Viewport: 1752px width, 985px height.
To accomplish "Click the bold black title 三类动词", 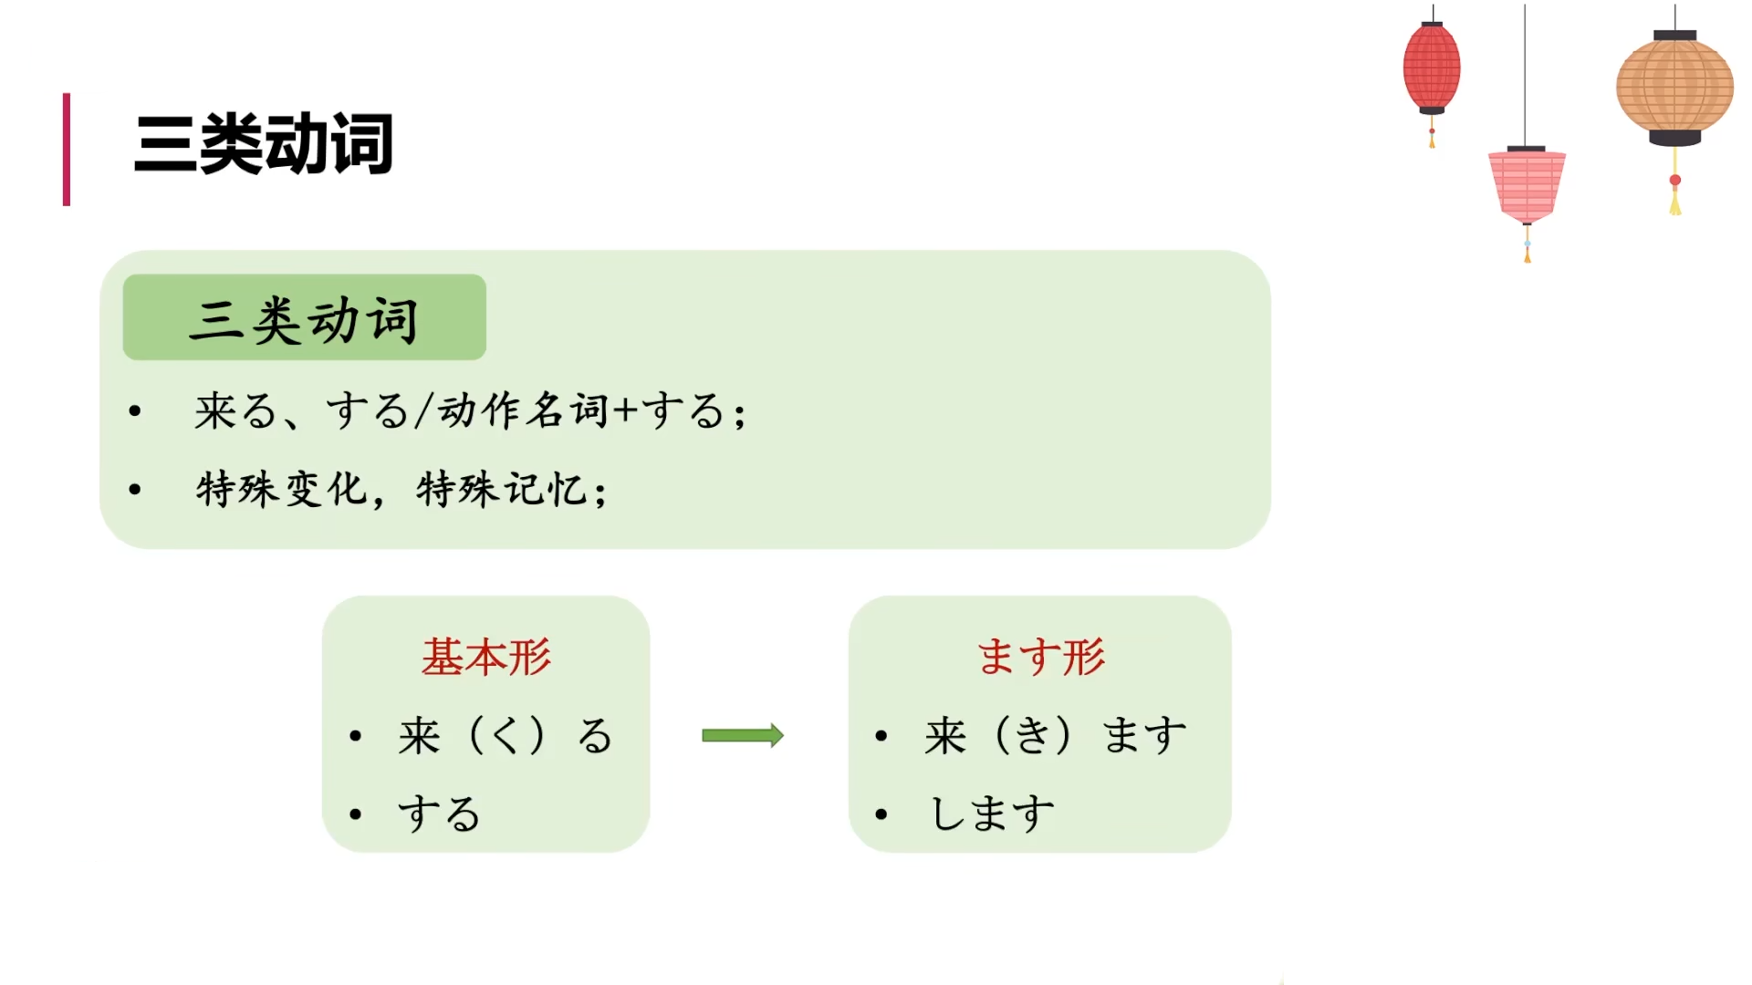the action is pyautogui.click(x=264, y=144).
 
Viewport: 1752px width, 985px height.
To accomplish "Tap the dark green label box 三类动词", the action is pyautogui.click(x=304, y=317).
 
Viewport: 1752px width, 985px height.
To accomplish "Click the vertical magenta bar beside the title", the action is pyautogui.click(x=67, y=150).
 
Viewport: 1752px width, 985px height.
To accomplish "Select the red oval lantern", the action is pyautogui.click(x=1431, y=68).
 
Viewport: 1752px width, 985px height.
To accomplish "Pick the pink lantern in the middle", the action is pyautogui.click(x=1527, y=185).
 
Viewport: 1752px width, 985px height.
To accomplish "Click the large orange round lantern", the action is pyautogui.click(x=1674, y=88).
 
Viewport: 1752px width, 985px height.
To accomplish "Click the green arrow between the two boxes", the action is pyautogui.click(x=742, y=735).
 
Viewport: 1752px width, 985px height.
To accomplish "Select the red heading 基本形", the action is pyautogui.click(x=486, y=657).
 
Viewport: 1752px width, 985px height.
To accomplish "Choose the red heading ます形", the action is pyautogui.click(x=1041, y=657).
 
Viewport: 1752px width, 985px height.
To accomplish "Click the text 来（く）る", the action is pyautogui.click(x=505, y=735).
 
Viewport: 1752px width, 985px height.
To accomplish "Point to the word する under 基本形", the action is pyautogui.click(x=439, y=814).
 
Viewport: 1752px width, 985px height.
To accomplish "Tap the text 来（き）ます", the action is pyautogui.click(x=1056, y=735).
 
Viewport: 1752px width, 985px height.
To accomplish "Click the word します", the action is pyautogui.click(x=992, y=814).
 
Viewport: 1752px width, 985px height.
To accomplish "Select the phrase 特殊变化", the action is pyautogui.click(x=281, y=490).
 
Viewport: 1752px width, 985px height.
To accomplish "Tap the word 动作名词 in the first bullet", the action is pyautogui.click(x=523, y=410).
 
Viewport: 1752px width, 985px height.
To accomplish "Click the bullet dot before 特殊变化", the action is pyautogui.click(x=135, y=490).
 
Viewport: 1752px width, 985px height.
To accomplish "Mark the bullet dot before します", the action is pyautogui.click(x=881, y=814).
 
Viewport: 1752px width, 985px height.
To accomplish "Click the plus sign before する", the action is pyautogui.click(x=625, y=410).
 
